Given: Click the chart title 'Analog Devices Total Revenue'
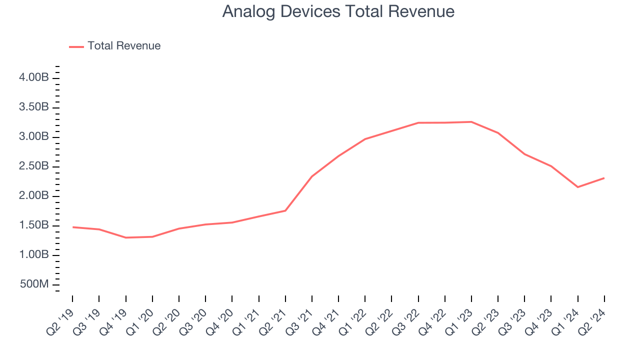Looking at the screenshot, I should point(338,11).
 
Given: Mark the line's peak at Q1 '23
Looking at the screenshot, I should point(471,122).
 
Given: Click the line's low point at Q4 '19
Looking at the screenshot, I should point(125,237).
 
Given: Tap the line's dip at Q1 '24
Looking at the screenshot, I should point(578,187).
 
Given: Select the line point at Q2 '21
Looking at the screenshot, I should point(285,210).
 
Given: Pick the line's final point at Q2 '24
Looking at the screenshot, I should point(604,178).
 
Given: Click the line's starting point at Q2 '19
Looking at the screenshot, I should point(73,227).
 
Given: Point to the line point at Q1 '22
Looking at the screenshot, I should point(365,139).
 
